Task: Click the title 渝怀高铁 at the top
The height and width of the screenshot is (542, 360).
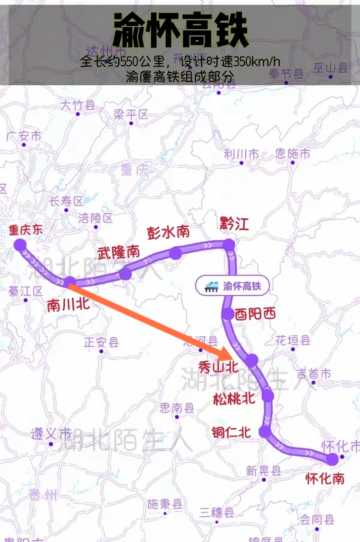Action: pyautogui.click(x=180, y=30)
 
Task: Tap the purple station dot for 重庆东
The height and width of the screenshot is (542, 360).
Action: pyautogui.click(x=20, y=245)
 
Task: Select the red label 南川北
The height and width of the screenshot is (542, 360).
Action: pyautogui.click(x=68, y=305)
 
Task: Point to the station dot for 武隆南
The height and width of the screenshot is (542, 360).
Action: pyautogui.click(x=125, y=274)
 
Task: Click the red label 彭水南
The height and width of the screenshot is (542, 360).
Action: pyautogui.click(x=168, y=232)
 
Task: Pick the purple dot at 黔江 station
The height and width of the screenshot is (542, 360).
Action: pyautogui.click(x=229, y=245)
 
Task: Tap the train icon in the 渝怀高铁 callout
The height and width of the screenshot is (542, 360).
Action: pyautogui.click(x=211, y=286)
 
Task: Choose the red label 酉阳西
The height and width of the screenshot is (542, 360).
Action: pyautogui.click(x=255, y=314)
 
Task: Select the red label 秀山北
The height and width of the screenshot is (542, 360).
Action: pyautogui.click(x=218, y=367)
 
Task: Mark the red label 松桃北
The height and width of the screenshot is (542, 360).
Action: pyautogui.click(x=234, y=399)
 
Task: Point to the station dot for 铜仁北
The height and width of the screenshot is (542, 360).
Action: pyautogui.click(x=265, y=432)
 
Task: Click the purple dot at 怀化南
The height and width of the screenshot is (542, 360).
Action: pyautogui.click(x=332, y=459)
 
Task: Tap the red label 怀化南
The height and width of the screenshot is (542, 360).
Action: pyautogui.click(x=325, y=478)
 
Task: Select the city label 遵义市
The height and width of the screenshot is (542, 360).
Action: pyautogui.click(x=51, y=434)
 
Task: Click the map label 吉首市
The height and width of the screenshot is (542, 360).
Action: pyautogui.click(x=313, y=374)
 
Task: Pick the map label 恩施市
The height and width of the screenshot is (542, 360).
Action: pyautogui.click(x=292, y=154)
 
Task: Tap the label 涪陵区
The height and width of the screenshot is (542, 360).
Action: pyautogui.click(x=95, y=218)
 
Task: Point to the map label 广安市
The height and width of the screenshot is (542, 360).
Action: pyautogui.click(x=24, y=136)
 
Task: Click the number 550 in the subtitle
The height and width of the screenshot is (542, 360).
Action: pyautogui.click(x=129, y=62)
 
